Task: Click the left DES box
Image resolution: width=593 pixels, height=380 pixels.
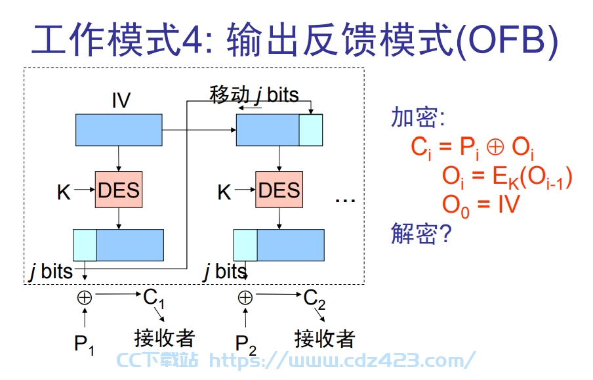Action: click(119, 190)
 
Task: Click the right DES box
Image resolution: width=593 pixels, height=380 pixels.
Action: click(279, 190)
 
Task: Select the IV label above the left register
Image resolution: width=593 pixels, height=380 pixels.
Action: click(121, 100)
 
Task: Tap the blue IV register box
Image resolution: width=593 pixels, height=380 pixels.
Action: click(119, 130)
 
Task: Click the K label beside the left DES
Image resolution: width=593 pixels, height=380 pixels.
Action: click(64, 192)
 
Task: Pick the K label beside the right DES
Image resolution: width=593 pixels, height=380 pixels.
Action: click(224, 192)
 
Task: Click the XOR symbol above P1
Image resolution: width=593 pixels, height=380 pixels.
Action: click(85, 297)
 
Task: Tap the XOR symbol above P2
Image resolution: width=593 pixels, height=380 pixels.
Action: click(245, 297)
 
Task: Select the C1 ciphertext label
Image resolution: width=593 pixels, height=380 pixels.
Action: click(153, 298)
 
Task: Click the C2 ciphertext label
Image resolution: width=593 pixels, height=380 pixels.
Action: click(314, 299)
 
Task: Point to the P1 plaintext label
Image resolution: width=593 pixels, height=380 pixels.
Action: click(84, 345)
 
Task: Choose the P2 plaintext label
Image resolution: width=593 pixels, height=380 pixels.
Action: click(245, 345)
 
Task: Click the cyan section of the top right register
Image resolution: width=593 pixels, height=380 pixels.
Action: click(311, 130)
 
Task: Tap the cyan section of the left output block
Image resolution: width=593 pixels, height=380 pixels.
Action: click(85, 245)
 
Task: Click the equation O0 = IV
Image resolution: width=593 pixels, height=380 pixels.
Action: click(481, 206)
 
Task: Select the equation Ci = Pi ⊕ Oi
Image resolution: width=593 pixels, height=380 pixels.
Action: click(473, 148)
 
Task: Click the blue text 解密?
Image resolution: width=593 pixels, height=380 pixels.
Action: click(421, 233)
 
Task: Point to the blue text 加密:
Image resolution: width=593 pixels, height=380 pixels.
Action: click(418, 117)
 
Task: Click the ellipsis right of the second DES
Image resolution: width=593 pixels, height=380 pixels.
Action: click(345, 200)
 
